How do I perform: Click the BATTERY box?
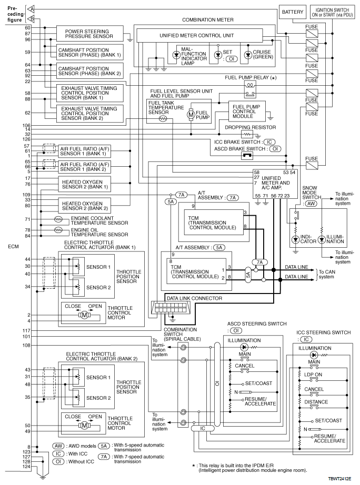[x=293, y=12]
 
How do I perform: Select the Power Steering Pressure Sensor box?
[x=89, y=34]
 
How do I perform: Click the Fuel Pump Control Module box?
[x=247, y=112]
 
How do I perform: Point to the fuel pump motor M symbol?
[x=191, y=115]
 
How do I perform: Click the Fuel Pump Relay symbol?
[x=249, y=89]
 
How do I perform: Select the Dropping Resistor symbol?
[x=247, y=134]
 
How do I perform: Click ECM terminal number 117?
[x=27, y=331]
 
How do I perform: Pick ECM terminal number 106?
[x=27, y=125]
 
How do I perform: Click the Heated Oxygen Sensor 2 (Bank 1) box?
[x=85, y=184]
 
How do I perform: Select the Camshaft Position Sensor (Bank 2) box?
[x=90, y=71]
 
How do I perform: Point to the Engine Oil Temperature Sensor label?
[x=99, y=233]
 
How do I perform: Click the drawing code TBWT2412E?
[x=340, y=479]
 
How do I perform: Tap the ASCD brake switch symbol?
[x=247, y=156]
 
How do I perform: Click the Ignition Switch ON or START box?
[x=332, y=13]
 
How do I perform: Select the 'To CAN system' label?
[x=327, y=274]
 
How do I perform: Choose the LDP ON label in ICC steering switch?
[x=313, y=375]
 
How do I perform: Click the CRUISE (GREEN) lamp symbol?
[x=248, y=55]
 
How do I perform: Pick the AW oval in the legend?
[x=58, y=446]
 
